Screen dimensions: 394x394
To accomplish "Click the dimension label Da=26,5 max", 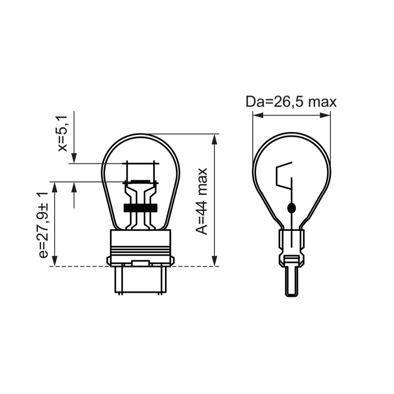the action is coord(291,102).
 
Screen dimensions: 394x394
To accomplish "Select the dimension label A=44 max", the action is coord(201,201).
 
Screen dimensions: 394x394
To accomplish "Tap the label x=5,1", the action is coord(63,133).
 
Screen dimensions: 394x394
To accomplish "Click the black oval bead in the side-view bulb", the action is coord(292,208).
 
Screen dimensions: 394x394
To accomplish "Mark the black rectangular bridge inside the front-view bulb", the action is coord(140,207).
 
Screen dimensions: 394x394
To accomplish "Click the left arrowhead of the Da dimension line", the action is coord(258,115).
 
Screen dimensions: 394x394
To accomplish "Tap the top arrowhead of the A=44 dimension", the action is coord(214,139).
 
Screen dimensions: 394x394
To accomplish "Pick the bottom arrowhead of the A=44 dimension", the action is coord(214,261).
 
